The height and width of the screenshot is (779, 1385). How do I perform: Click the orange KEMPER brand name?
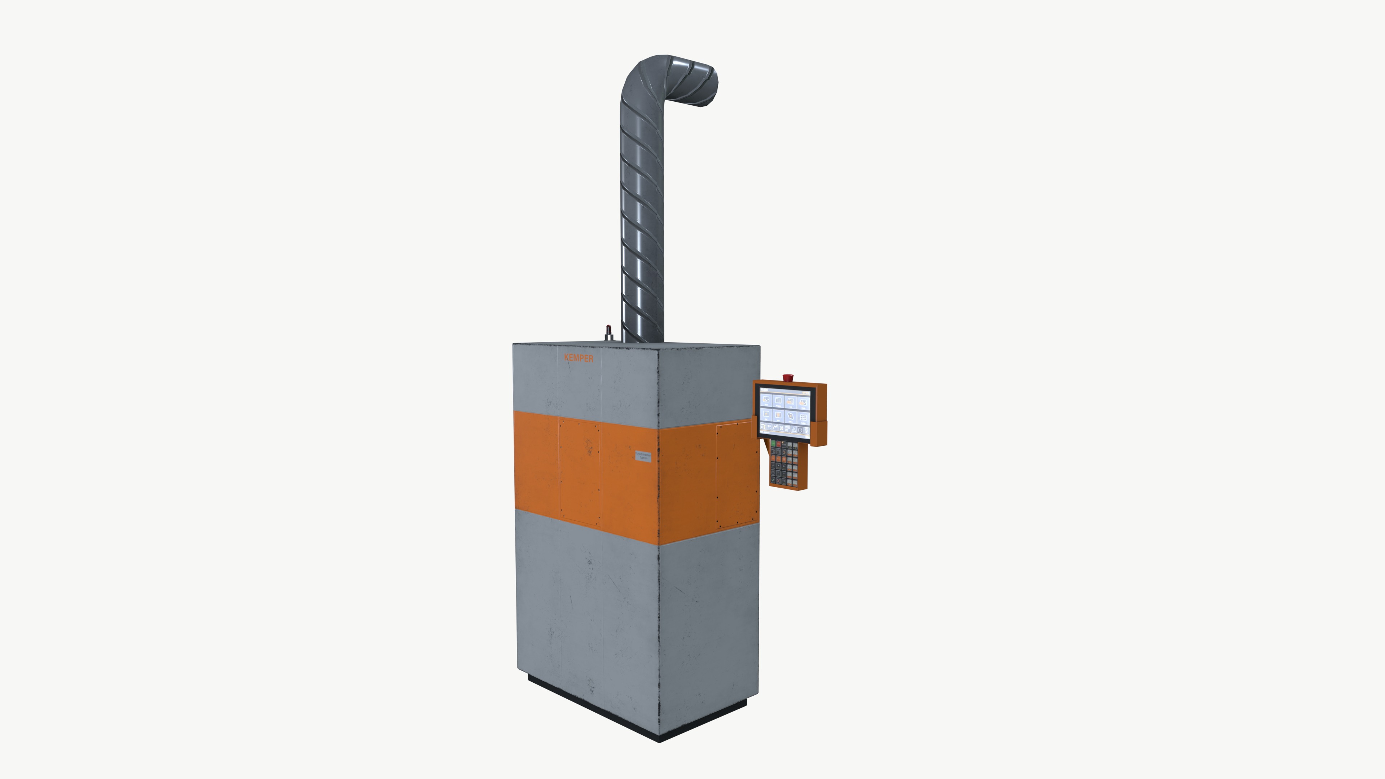[x=579, y=358]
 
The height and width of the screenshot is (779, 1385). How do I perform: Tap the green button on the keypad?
[x=774, y=444]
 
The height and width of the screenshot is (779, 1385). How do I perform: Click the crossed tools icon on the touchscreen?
[x=781, y=428]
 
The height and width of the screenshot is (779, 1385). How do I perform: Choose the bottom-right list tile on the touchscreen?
[x=803, y=418]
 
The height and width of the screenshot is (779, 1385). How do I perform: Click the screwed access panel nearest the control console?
[x=734, y=475]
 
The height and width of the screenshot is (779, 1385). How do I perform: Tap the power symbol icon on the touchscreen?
[x=800, y=430]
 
